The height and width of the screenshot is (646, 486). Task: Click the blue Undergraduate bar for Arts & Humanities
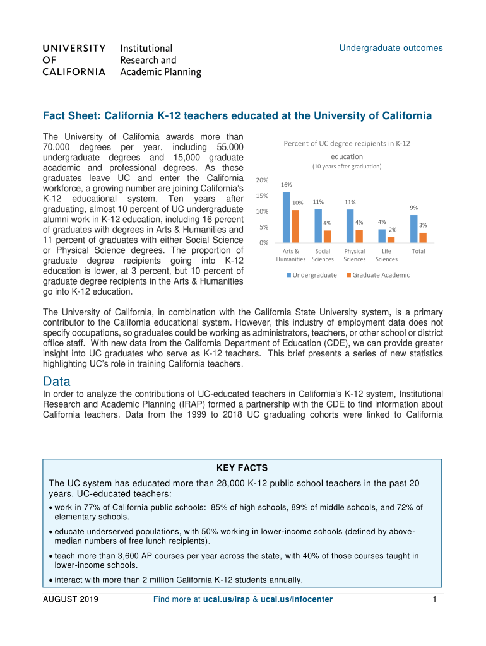tap(287, 217)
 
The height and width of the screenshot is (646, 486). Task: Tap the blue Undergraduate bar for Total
tap(413, 228)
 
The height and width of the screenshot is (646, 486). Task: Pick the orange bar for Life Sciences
tap(391, 240)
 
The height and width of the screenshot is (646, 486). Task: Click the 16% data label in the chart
tap(287, 185)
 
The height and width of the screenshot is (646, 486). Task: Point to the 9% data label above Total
tap(413, 208)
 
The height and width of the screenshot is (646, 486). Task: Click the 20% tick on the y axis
tap(263, 180)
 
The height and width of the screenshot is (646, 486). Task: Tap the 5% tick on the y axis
tap(265, 227)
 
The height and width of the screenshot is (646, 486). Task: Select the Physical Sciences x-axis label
tap(355, 255)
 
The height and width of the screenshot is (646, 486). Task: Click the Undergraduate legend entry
tap(312, 275)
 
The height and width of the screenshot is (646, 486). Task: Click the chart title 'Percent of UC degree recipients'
tap(347, 144)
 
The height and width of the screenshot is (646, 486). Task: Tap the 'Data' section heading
tap(56, 382)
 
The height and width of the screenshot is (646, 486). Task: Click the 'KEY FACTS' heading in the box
tap(242, 468)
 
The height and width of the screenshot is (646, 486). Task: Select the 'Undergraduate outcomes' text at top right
tap(391, 48)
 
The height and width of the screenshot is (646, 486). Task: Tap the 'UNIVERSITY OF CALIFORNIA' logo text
tap(74, 60)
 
